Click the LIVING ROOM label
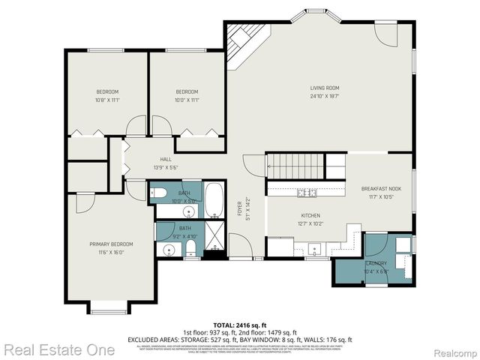point(325,88)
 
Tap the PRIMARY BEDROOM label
point(112,244)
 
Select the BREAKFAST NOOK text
point(381,188)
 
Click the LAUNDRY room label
point(376,264)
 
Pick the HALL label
point(166,159)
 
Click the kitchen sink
point(314,247)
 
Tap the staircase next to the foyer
point(295,164)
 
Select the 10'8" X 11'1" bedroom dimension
point(107,99)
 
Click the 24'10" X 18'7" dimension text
point(325,96)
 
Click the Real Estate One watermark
point(59,349)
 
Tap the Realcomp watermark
point(454,350)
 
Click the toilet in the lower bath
point(190,248)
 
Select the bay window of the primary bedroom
point(109,307)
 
